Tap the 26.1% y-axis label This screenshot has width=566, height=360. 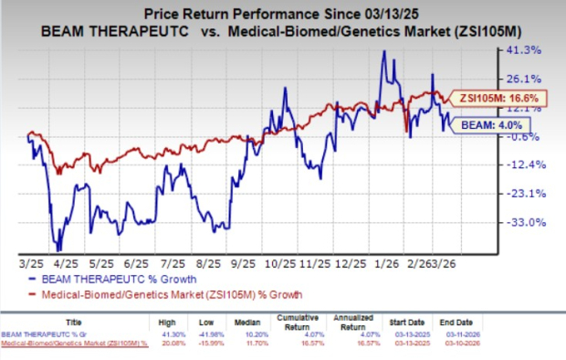[x=529, y=79]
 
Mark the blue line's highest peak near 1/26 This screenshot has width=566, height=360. [x=383, y=51]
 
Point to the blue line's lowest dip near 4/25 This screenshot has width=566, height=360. [x=58, y=250]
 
